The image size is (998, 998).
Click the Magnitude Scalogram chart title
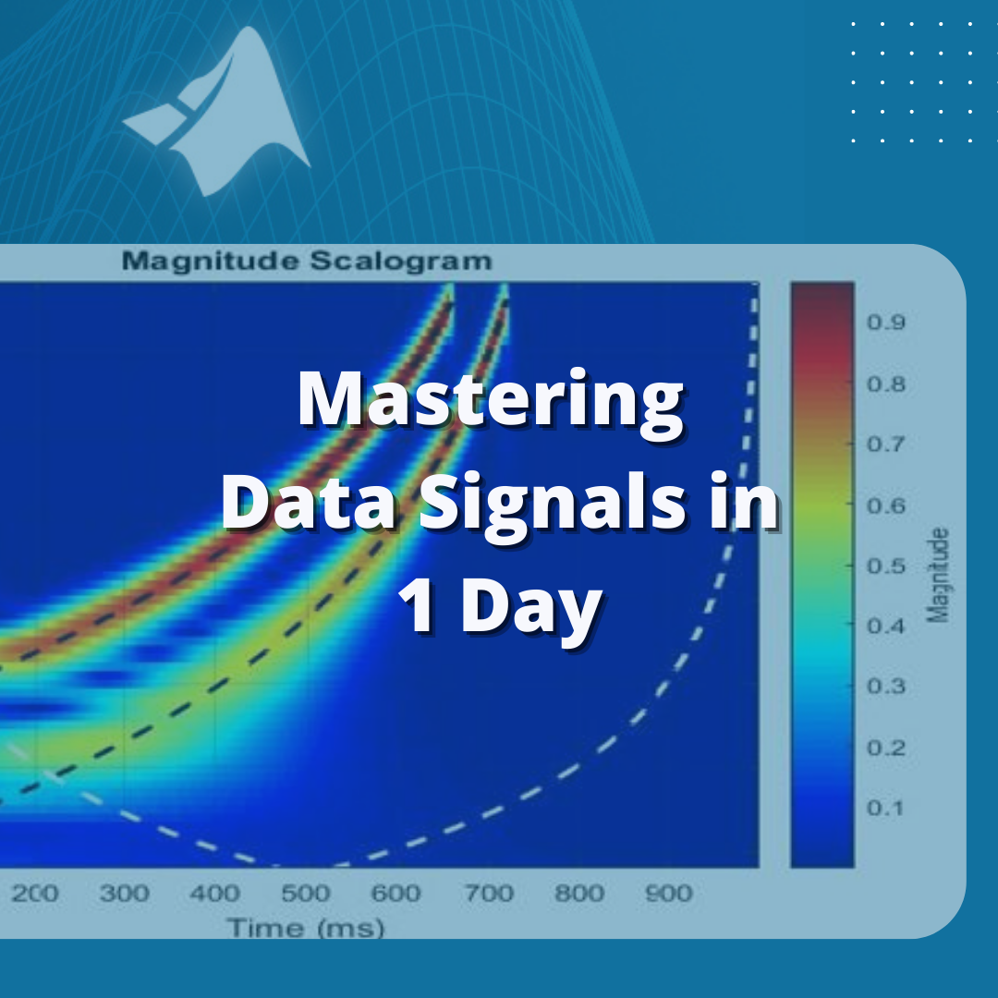[x=307, y=261]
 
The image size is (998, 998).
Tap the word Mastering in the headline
[x=491, y=400]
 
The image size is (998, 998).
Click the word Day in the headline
[x=531, y=607]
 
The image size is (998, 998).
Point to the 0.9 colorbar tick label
[x=886, y=323]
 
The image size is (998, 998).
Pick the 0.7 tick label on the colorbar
[x=886, y=444]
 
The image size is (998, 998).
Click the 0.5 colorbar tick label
[x=886, y=566]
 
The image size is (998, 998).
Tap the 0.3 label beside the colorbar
[x=886, y=686]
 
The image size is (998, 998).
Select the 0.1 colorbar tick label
[x=885, y=808]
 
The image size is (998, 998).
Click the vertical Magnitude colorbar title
[x=937, y=575]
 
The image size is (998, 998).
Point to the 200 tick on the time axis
[x=35, y=893]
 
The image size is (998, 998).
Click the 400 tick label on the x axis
[x=215, y=893]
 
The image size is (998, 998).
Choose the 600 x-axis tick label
[x=396, y=893]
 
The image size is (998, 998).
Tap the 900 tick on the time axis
[x=668, y=893]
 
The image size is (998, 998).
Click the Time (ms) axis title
[x=306, y=928]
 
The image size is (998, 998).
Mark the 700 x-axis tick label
[x=489, y=893]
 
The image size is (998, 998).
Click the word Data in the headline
[x=309, y=502]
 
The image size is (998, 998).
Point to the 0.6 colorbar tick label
[x=886, y=505]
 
